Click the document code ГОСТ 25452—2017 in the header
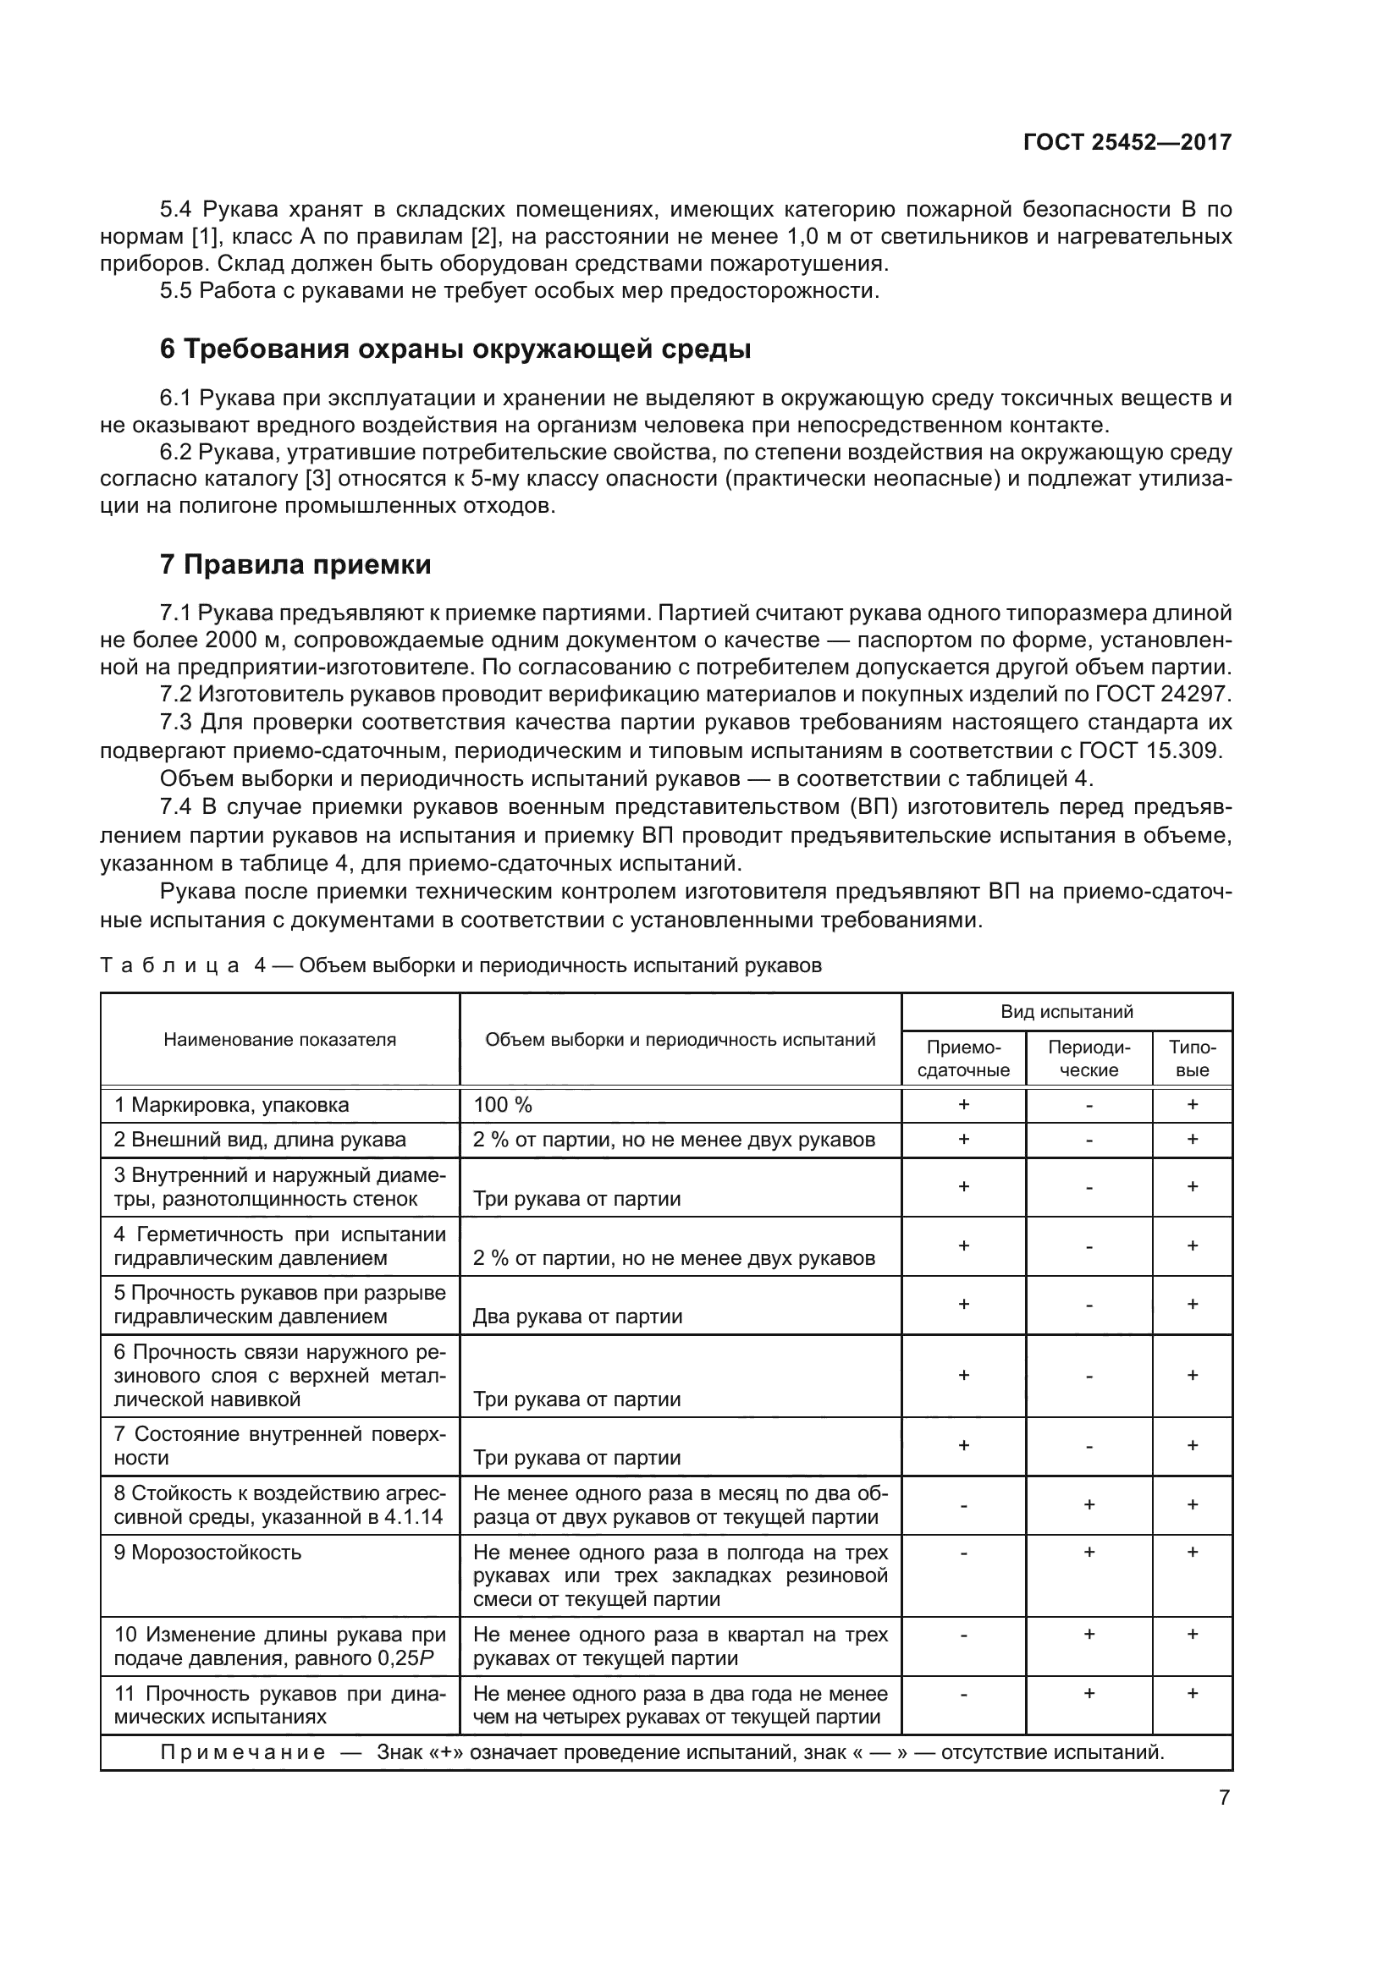point(1127,142)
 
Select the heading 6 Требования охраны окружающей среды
point(455,349)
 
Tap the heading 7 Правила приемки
point(295,564)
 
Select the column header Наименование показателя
point(280,1040)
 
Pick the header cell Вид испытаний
point(1067,1012)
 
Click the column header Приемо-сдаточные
point(963,1058)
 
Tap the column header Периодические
point(1089,1058)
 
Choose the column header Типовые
point(1193,1058)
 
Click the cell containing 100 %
point(503,1105)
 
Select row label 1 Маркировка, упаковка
point(231,1105)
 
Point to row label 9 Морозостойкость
point(207,1553)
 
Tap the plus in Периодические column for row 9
point(1089,1552)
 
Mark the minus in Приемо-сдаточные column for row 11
point(963,1694)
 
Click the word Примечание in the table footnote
point(243,1752)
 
